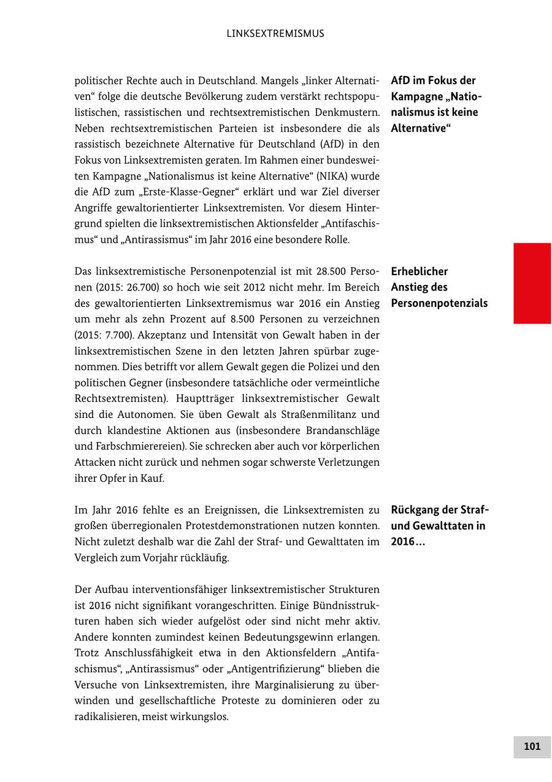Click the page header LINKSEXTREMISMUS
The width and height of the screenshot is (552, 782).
coord(275,34)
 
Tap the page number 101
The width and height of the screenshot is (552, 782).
coord(532,746)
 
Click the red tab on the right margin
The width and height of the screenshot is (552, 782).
coord(532,283)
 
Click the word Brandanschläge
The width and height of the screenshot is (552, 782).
coord(345,430)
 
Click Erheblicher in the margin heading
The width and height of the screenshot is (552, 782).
coord(420,271)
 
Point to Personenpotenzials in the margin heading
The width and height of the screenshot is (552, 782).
coord(439,303)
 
